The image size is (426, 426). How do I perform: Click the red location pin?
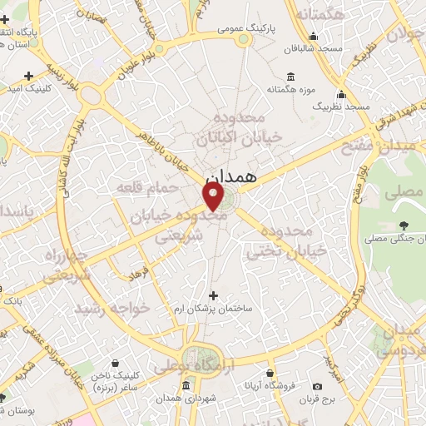214,197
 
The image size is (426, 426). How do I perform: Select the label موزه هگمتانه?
286,87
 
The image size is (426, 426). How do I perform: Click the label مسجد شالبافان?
312,49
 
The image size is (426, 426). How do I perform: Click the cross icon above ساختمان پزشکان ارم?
214,295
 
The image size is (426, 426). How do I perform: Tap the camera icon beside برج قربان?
316,385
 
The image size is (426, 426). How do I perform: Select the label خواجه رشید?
112,309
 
